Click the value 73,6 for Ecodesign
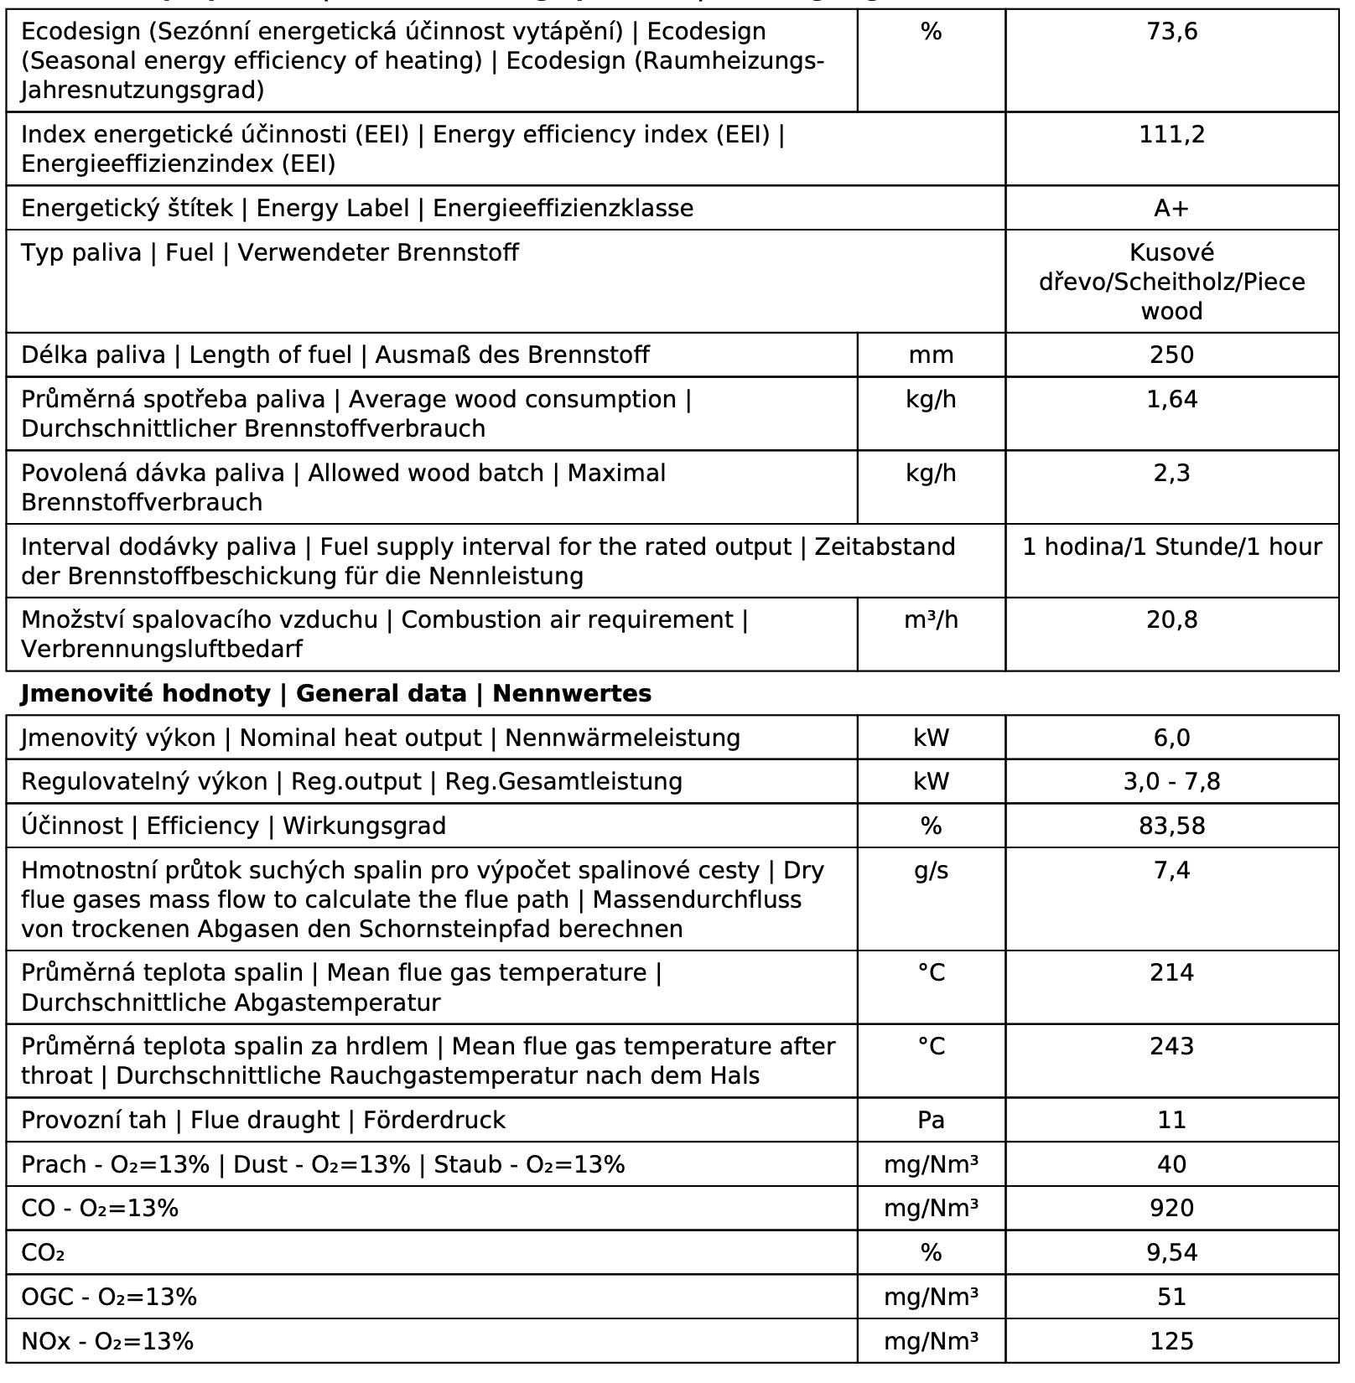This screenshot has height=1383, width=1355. click(1171, 32)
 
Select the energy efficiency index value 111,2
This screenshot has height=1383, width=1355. click(1171, 134)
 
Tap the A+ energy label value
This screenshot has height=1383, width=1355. click(1171, 208)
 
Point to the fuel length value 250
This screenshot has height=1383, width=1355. click(1171, 355)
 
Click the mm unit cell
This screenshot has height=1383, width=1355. click(931, 355)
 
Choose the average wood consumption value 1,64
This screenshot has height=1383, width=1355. click(1171, 400)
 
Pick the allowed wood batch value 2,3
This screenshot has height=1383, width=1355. click(1171, 474)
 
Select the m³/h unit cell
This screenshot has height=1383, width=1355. click(931, 620)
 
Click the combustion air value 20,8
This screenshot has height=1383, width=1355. click(1171, 620)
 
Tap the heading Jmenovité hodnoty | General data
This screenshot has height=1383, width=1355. click(335, 694)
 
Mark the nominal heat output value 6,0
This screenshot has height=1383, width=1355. click(1171, 738)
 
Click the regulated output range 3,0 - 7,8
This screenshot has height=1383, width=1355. click(1171, 782)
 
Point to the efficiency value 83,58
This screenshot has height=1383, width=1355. click(1171, 826)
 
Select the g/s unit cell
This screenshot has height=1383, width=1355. click(931, 871)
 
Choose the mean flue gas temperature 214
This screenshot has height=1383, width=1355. click(1171, 973)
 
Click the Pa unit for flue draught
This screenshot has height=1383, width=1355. click(931, 1121)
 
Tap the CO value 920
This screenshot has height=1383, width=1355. click(1171, 1209)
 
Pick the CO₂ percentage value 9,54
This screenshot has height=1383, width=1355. click(1171, 1253)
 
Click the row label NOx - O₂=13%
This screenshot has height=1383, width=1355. click(107, 1342)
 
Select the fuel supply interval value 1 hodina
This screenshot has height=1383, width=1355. click(1171, 547)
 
